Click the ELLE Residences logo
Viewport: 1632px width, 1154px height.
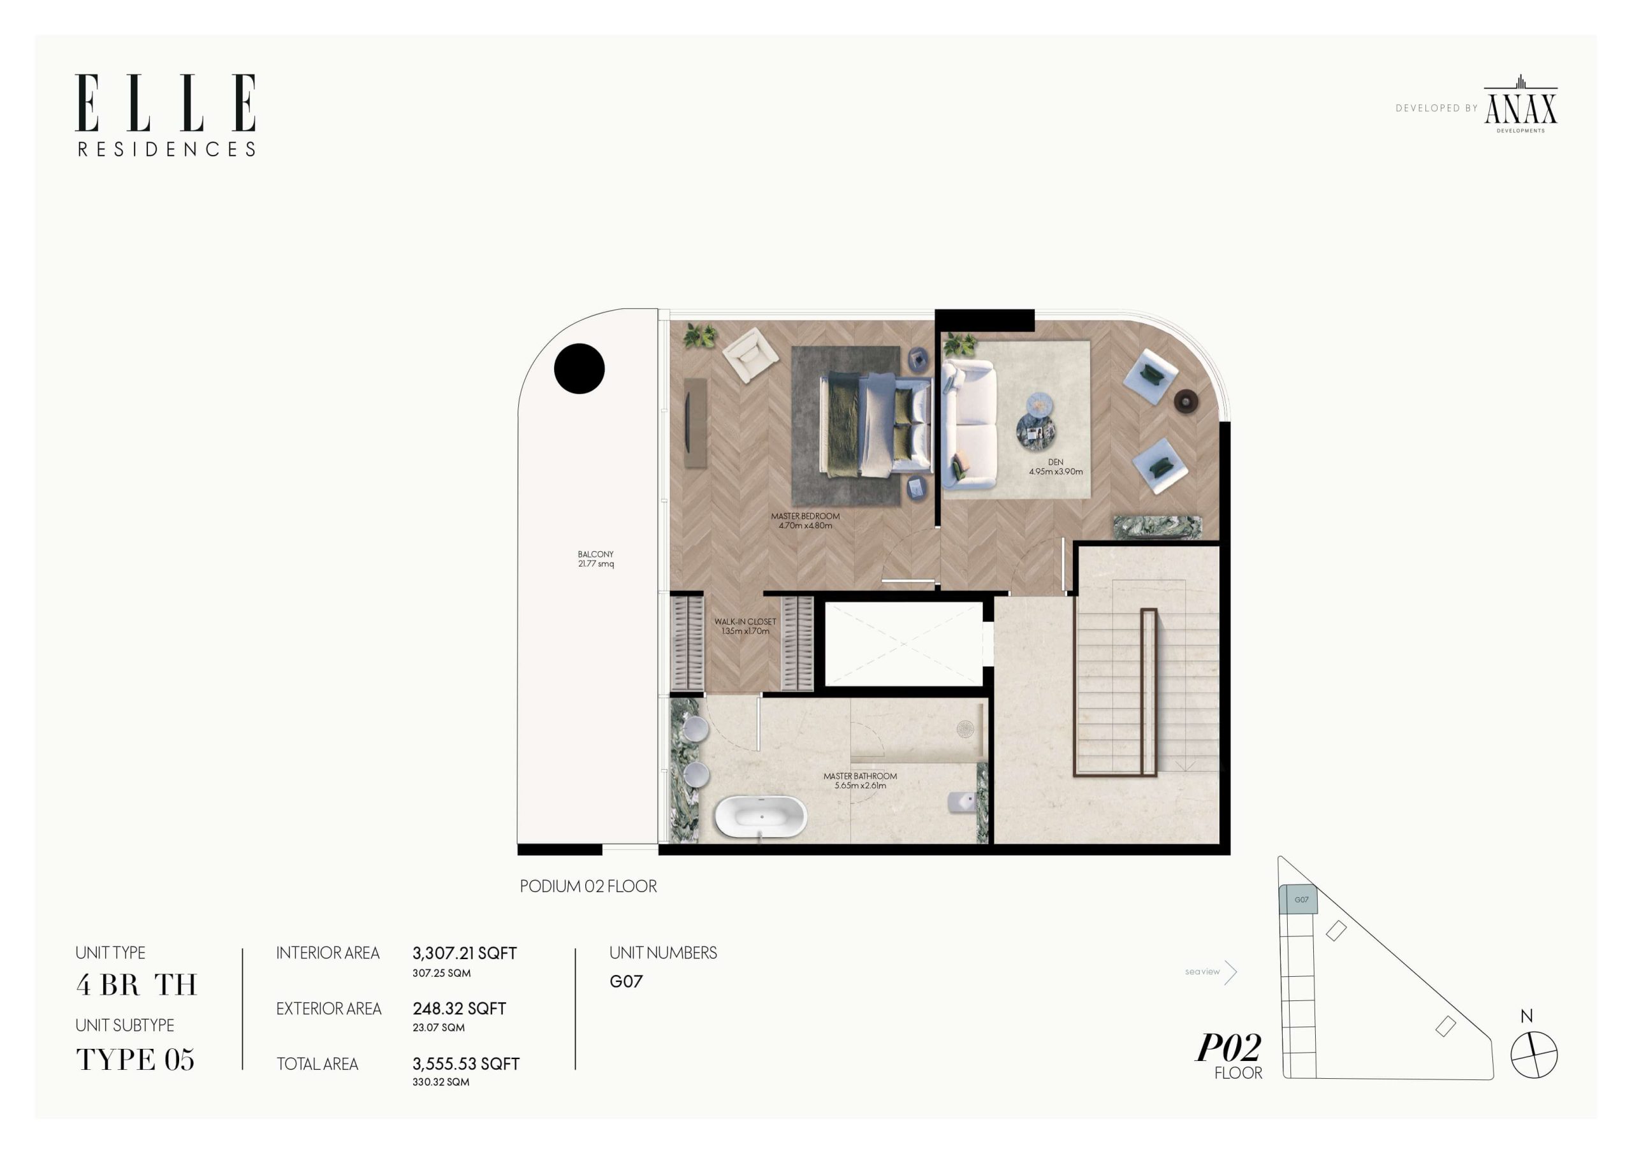166,115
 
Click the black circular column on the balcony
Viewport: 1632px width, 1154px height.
579,368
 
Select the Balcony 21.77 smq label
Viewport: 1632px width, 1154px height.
595,559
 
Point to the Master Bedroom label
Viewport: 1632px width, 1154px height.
805,521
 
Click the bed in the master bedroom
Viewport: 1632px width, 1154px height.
877,424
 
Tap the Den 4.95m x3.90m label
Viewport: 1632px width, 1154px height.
1056,467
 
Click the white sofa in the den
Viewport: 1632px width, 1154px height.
970,424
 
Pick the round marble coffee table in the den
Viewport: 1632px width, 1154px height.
1036,431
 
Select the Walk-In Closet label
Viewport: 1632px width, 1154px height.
745,626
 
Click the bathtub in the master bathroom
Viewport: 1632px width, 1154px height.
761,816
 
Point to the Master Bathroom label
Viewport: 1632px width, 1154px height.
860,781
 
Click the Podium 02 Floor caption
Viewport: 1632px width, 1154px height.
588,886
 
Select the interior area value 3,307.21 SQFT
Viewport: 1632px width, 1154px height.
465,953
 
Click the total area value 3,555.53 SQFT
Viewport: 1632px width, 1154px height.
466,1064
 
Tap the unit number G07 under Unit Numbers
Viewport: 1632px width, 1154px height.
626,981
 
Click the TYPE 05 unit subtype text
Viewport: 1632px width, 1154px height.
135,1060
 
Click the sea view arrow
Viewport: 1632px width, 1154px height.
1231,971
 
